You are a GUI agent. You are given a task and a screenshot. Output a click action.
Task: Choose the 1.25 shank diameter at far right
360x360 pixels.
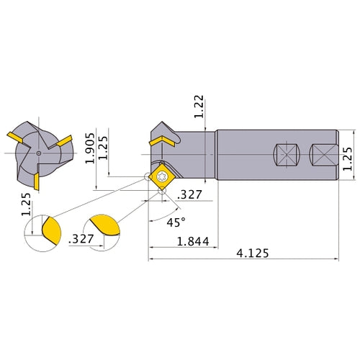348,154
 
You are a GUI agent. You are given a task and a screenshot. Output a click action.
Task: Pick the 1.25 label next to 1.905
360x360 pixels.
104,148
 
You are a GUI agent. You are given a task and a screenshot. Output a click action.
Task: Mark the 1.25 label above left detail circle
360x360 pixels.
26,203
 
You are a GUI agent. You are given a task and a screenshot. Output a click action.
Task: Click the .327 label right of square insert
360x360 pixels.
189,194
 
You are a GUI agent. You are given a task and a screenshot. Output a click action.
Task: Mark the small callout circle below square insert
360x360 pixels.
162,197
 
